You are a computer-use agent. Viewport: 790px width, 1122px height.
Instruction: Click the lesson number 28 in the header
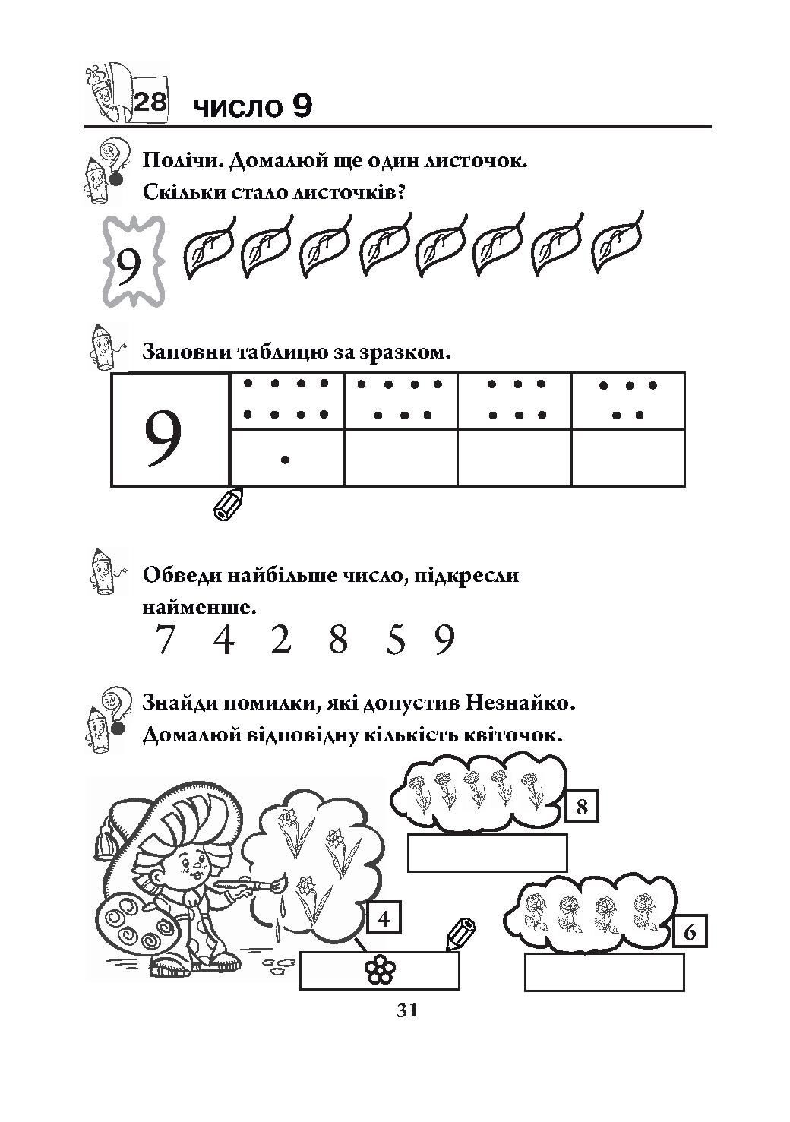pos(150,101)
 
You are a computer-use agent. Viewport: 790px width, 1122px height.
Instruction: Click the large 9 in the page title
pos(300,107)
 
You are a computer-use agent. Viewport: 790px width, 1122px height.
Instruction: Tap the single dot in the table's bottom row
pos(285,459)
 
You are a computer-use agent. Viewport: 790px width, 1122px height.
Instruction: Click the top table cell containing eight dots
pos(286,400)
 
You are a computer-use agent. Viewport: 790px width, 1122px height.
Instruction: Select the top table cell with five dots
pos(628,400)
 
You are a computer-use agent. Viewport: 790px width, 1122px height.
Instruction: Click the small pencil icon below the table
pos(229,504)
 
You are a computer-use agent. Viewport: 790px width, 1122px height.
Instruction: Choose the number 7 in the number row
pos(163,640)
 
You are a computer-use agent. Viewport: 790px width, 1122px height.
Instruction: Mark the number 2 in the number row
pos(280,640)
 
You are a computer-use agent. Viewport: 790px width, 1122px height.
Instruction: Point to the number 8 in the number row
pos(338,640)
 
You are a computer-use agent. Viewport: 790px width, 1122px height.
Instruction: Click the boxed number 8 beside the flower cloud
pos(582,806)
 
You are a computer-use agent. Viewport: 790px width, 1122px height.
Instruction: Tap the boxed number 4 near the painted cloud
pos(384,920)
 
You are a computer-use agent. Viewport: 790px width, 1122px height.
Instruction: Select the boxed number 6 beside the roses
pos(690,931)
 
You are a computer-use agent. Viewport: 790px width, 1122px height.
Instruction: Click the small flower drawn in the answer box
pos(379,970)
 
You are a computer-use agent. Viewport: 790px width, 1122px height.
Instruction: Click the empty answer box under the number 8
pos(487,852)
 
